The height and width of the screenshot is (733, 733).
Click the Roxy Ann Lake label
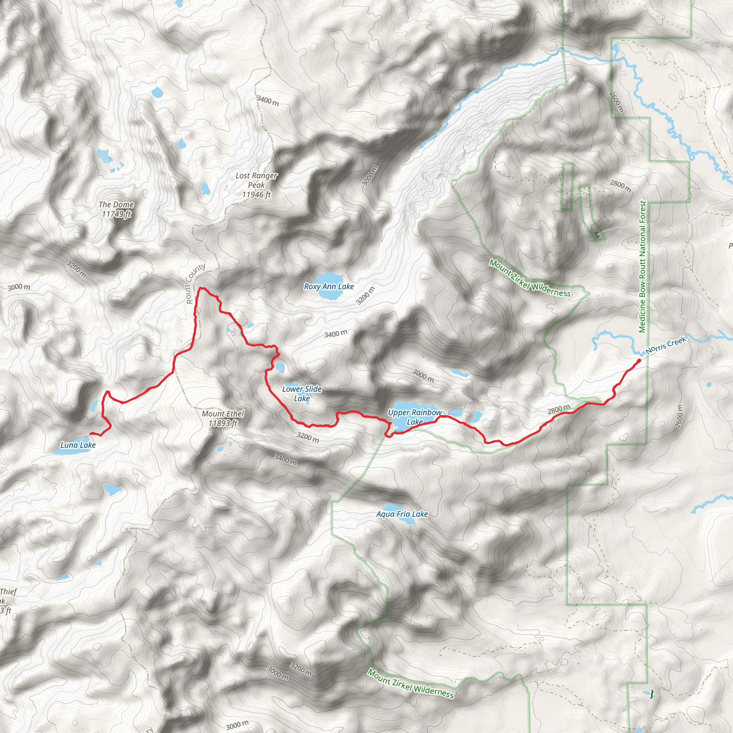[329, 287]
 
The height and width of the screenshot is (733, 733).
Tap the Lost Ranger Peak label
[257, 185]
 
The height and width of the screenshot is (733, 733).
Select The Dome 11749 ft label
[116, 209]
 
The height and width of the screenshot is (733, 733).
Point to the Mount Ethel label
[223, 418]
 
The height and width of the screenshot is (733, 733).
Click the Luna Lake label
[78, 445]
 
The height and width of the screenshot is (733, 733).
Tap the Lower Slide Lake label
[302, 393]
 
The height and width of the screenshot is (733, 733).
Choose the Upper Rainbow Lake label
[415, 417]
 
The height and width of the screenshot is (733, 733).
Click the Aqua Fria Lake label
[402, 514]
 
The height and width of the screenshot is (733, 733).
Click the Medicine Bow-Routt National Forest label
[642, 266]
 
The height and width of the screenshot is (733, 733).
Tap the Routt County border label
[195, 284]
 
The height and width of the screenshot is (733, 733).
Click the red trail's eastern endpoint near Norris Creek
[639, 360]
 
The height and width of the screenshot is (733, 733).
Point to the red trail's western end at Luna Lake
[91, 433]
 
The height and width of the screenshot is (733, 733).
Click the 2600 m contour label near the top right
[616, 102]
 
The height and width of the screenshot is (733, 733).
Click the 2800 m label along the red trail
[558, 409]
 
